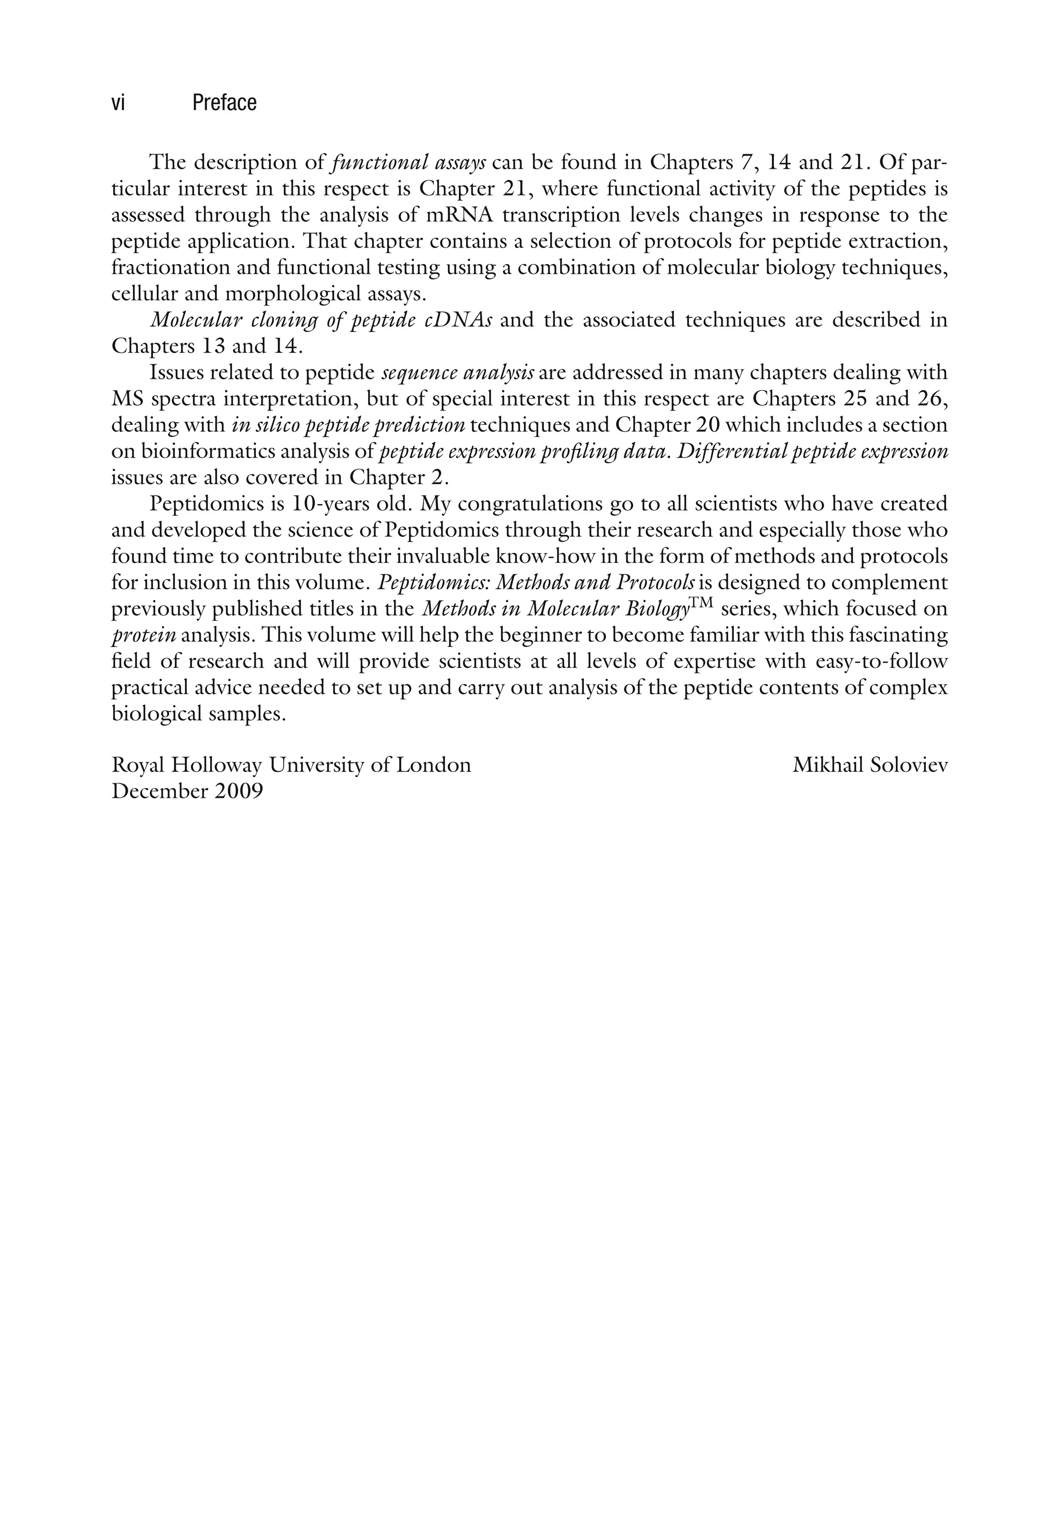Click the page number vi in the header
point(118,103)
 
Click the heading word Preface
point(224,103)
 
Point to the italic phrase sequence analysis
point(458,373)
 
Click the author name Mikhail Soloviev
point(870,766)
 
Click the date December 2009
point(187,791)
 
